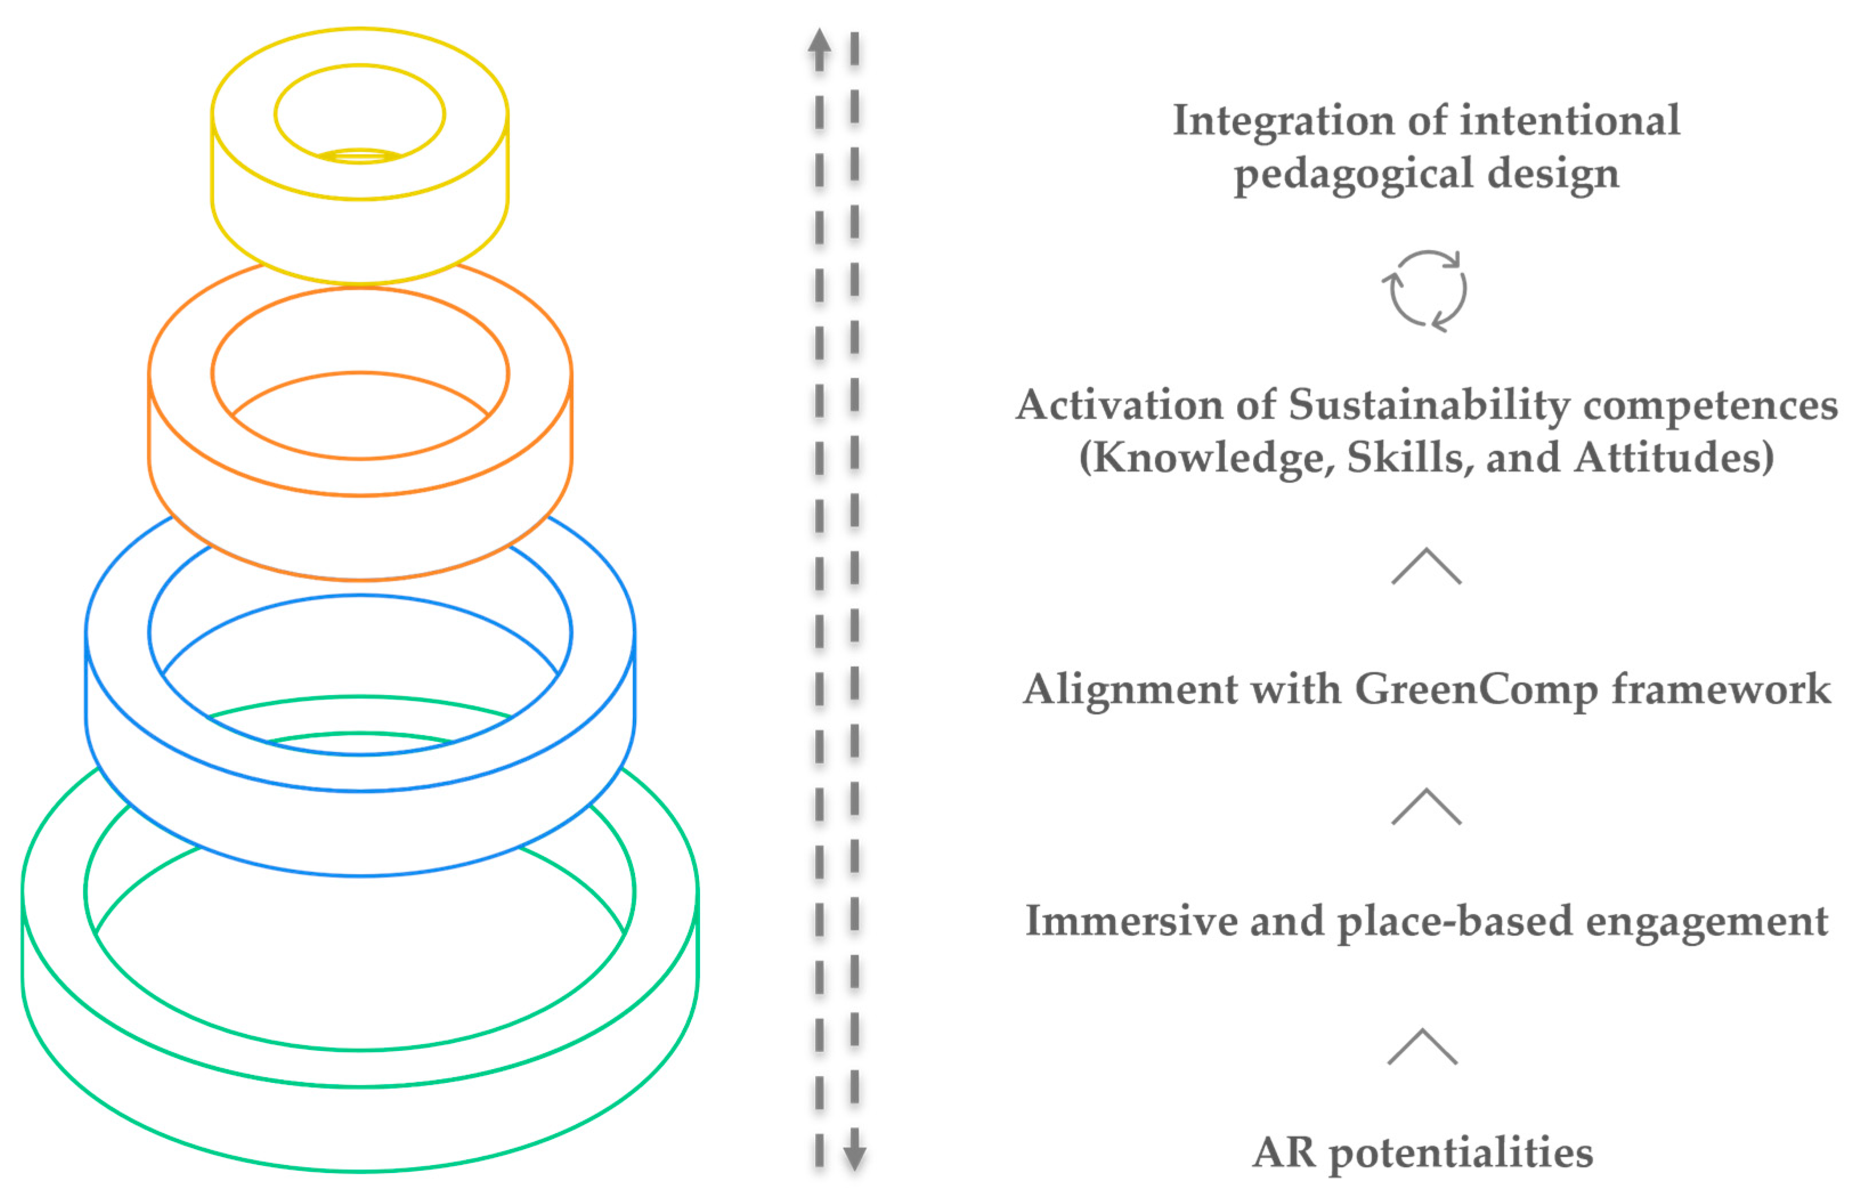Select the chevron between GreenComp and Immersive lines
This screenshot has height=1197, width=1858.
1426,807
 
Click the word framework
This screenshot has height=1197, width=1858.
1721,689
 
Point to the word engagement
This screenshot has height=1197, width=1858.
1707,923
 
